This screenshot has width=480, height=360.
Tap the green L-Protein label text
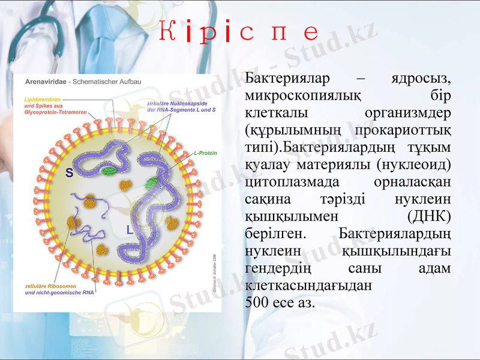pyautogui.click(x=205, y=153)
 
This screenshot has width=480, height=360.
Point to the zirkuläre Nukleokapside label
pyautogui.click(x=181, y=103)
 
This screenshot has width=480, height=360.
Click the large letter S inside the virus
pyautogui.click(x=70, y=173)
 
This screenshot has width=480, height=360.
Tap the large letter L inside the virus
pyautogui.click(x=130, y=229)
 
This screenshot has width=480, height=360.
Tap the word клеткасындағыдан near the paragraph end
pyautogui.click(x=308, y=285)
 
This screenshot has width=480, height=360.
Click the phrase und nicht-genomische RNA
pyautogui.click(x=59, y=293)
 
